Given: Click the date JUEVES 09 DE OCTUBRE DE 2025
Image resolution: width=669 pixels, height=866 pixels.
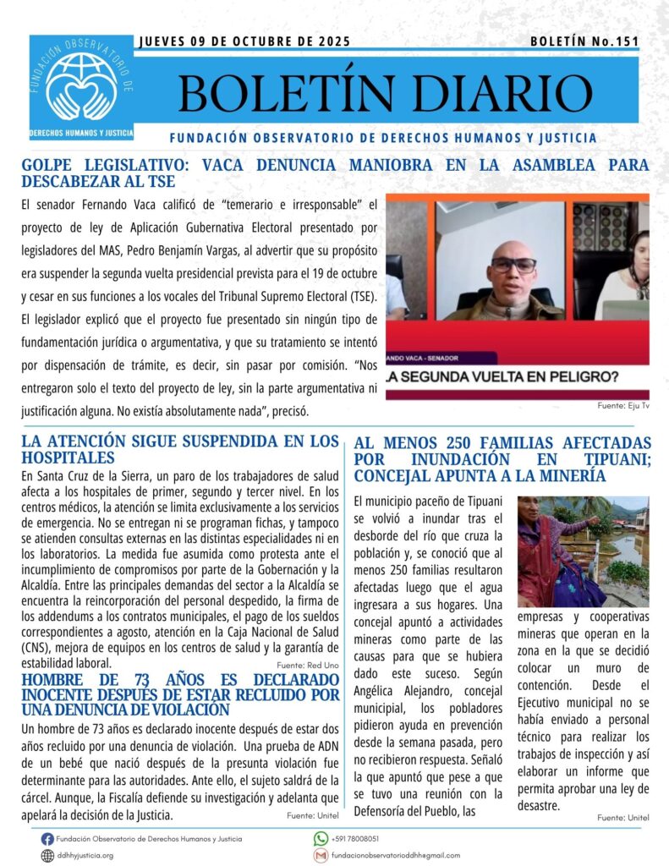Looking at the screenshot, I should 244,41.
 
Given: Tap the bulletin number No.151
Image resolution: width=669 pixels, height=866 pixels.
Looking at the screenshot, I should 616,41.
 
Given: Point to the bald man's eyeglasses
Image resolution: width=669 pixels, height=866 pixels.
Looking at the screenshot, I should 513,265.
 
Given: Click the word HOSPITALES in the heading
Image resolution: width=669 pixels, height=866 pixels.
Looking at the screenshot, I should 68,457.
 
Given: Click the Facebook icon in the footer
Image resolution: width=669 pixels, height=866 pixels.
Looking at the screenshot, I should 47,839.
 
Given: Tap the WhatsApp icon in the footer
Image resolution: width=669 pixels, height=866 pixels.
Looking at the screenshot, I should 321,839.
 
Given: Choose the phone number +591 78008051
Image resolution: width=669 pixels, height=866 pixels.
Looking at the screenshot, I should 359,839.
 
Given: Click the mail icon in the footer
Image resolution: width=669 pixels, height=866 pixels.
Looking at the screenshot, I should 321,855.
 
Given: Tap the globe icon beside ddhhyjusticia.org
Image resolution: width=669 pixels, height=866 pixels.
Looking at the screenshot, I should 47,855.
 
